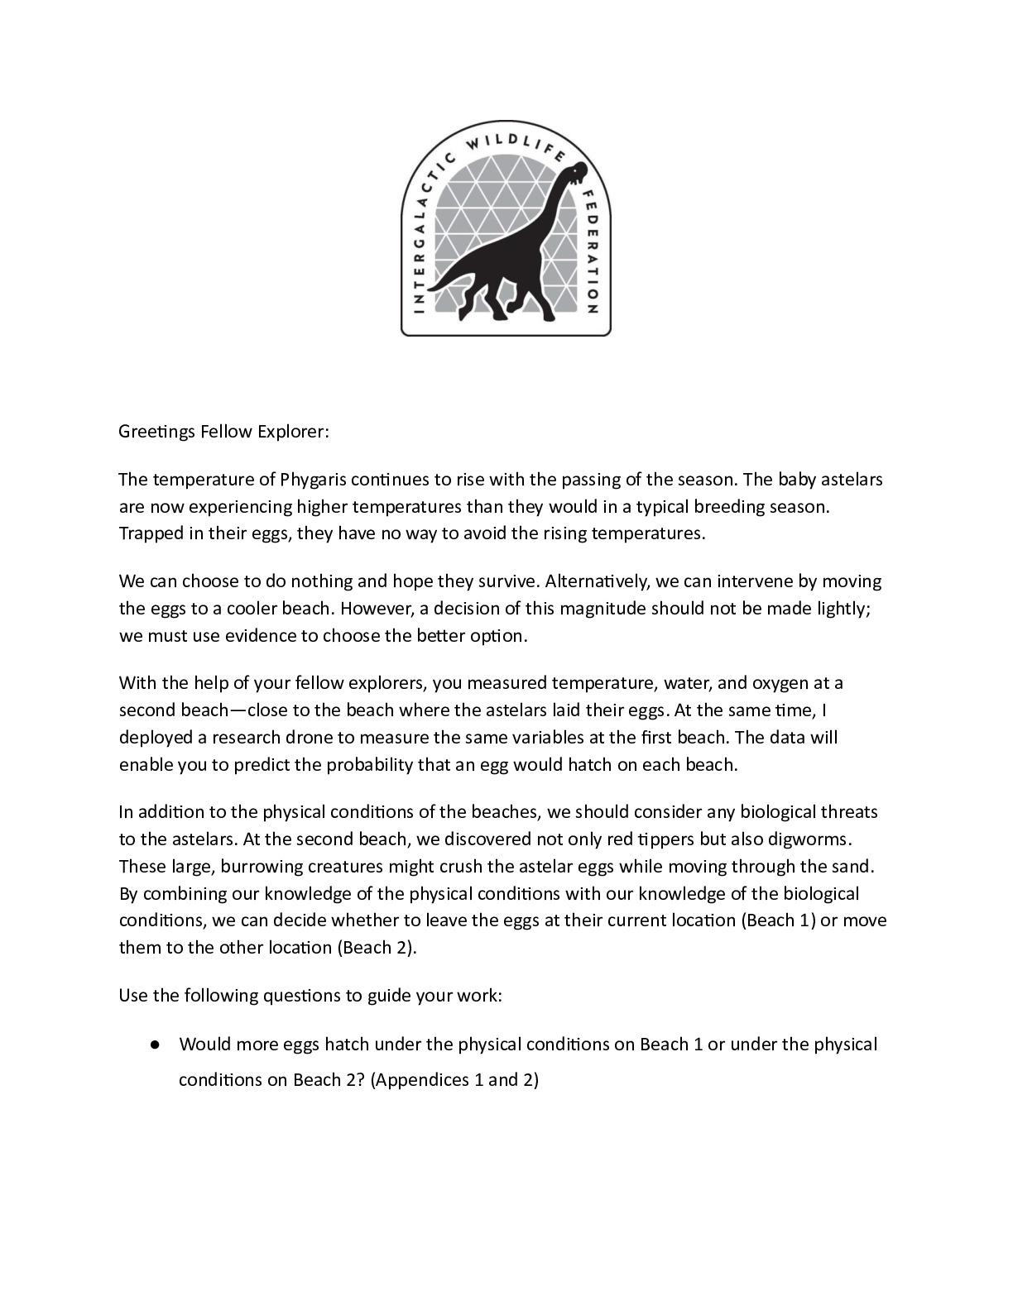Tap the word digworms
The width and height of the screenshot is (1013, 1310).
(x=809, y=839)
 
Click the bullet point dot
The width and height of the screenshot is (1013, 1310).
(x=155, y=1045)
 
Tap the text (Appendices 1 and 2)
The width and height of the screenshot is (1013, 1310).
(x=454, y=1080)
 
